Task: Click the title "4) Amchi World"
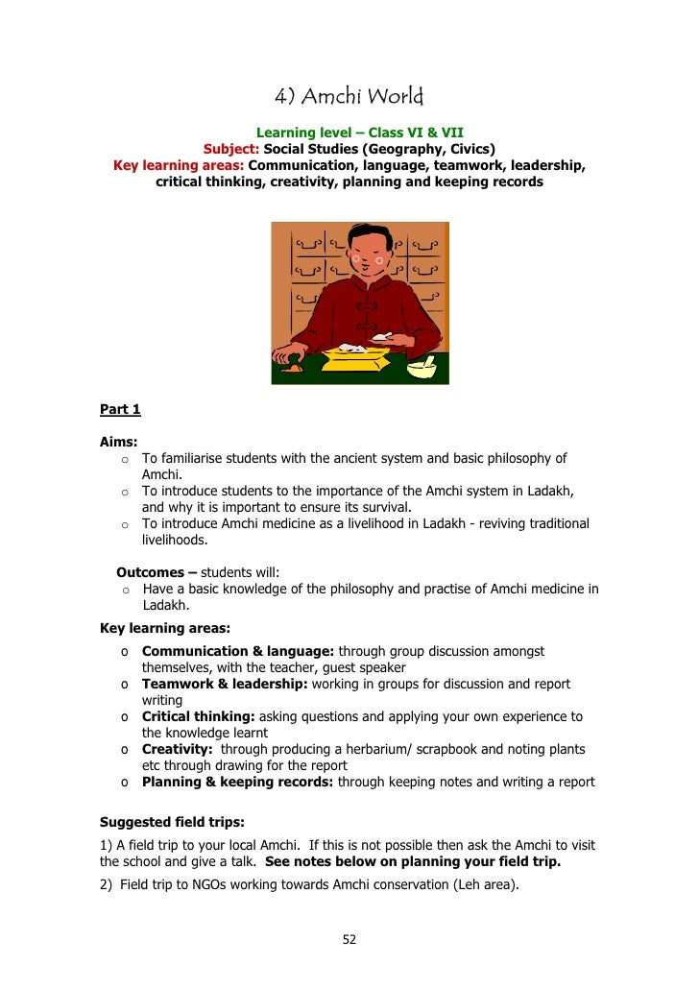click(349, 97)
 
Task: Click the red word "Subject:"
click(231, 149)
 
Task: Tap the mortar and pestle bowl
click(422, 367)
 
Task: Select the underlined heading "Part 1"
click(120, 410)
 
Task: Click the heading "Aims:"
click(119, 443)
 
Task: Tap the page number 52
click(349, 939)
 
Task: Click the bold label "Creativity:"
click(177, 749)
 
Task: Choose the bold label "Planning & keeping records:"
click(237, 782)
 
